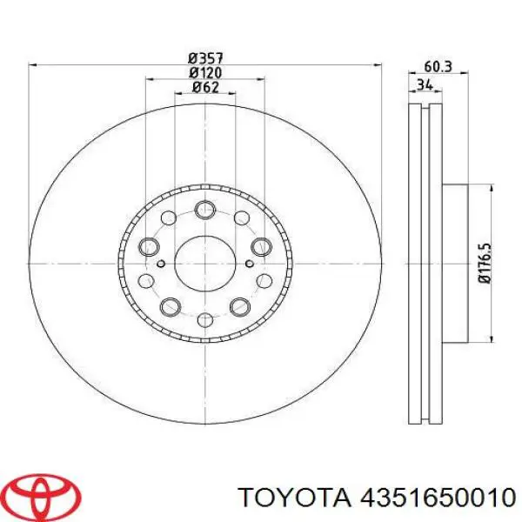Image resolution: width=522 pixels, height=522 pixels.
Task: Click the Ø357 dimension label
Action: pos(205,57)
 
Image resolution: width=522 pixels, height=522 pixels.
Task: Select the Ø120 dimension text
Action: pos(205,72)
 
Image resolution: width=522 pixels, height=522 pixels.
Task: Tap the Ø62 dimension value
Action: pos(205,87)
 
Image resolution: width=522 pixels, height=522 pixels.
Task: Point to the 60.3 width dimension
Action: pos(438,65)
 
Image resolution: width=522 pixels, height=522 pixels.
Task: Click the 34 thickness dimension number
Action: pos(425,84)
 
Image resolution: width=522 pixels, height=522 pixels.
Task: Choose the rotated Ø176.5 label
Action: pos(486,262)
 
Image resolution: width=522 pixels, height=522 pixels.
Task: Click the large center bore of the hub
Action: pos(204,258)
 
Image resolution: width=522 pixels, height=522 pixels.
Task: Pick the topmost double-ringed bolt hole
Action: pos(205,210)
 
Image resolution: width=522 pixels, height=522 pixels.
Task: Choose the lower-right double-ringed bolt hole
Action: pos(240,305)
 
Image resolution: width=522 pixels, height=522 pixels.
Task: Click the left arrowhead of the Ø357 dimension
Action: pos(33,64)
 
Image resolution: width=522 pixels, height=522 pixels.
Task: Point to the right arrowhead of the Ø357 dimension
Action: pos(377,64)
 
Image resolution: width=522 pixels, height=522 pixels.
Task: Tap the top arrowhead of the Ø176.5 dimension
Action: pos(498,187)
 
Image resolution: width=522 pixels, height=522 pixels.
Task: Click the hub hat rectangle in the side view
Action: pos(457,261)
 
